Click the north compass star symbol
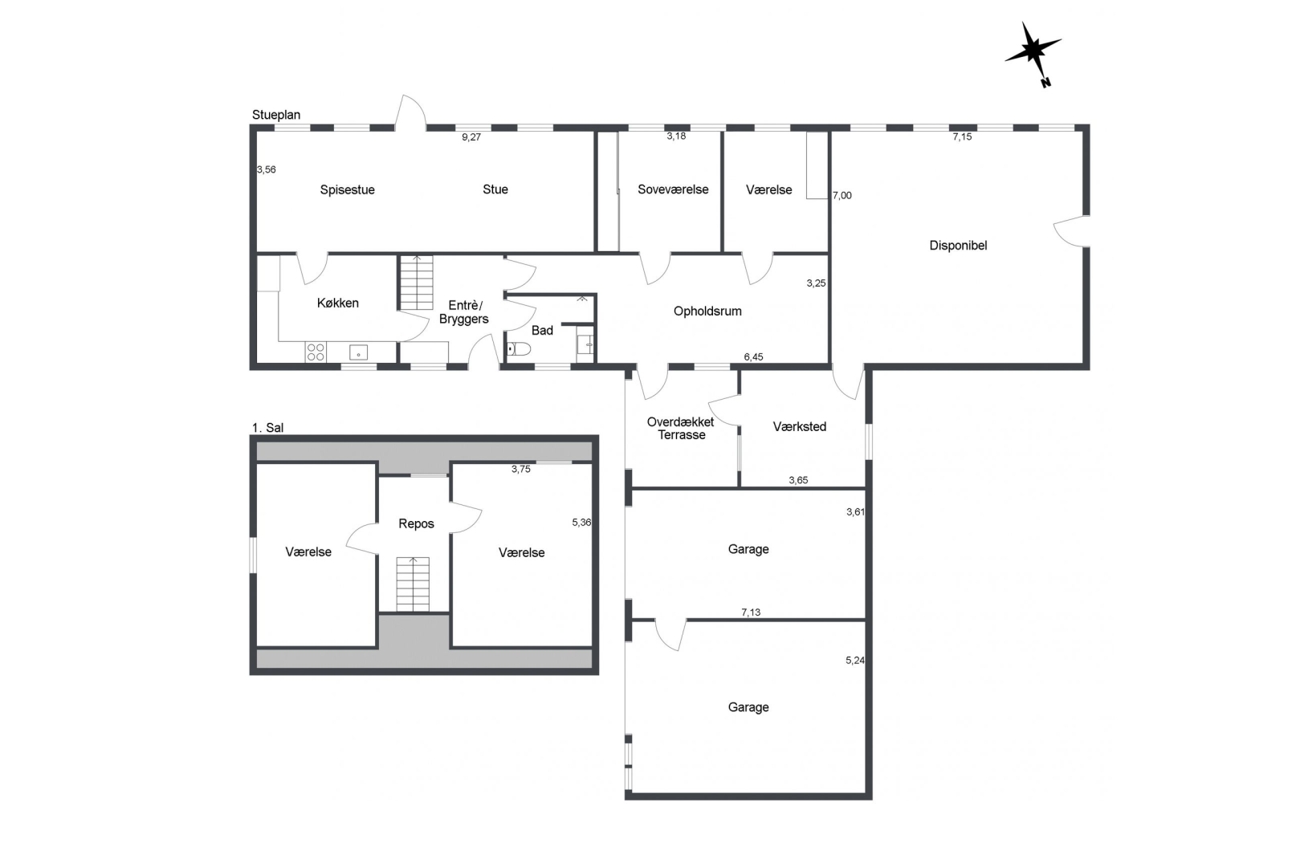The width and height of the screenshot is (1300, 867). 1033,51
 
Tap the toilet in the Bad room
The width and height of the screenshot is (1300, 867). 519,348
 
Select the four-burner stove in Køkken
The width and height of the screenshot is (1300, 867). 316,352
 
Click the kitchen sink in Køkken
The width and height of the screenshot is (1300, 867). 358,352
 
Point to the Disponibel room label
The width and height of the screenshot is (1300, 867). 958,246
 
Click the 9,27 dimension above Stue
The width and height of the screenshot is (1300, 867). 471,137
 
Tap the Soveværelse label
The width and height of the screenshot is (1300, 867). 673,189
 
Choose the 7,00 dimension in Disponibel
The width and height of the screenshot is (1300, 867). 842,196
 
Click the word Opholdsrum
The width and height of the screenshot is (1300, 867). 707,311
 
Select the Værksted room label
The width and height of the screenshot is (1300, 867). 800,426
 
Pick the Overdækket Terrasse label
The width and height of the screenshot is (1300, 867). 681,428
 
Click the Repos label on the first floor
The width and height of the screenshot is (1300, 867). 416,524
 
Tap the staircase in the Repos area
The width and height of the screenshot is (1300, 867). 414,584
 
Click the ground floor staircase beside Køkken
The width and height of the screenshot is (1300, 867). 417,283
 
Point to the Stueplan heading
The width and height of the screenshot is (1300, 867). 276,115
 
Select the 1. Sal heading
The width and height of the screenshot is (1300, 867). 267,428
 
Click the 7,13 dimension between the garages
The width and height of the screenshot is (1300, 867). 751,613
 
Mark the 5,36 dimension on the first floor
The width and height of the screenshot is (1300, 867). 581,523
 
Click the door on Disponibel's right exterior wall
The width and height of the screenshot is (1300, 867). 1071,231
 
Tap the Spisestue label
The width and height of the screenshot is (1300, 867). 348,189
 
